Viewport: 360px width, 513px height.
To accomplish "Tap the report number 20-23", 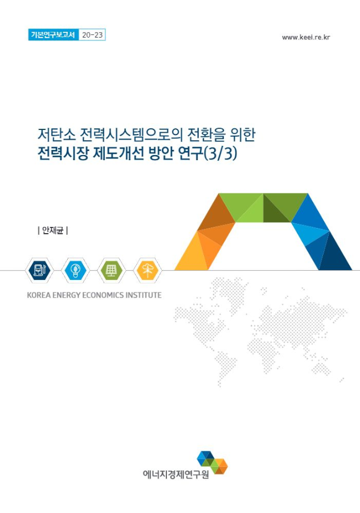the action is tap(92, 35).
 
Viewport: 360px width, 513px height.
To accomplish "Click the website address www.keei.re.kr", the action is tap(306, 37).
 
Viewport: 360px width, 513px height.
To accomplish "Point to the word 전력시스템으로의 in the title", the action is tap(132, 135).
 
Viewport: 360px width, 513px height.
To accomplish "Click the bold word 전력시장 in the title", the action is tap(63, 154).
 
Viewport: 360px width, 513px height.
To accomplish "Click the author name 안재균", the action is tap(52, 231).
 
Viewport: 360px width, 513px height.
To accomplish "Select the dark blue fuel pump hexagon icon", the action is tap(39, 270).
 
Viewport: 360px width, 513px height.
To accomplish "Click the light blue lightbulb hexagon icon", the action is tap(75, 270).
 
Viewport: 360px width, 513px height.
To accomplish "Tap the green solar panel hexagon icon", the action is tap(111, 270).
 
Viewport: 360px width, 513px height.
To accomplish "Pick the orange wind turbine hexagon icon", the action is tap(148, 270).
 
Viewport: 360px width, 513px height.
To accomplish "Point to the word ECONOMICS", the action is tap(101, 295).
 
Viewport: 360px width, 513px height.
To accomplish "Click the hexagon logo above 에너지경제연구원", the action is tap(212, 462).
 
